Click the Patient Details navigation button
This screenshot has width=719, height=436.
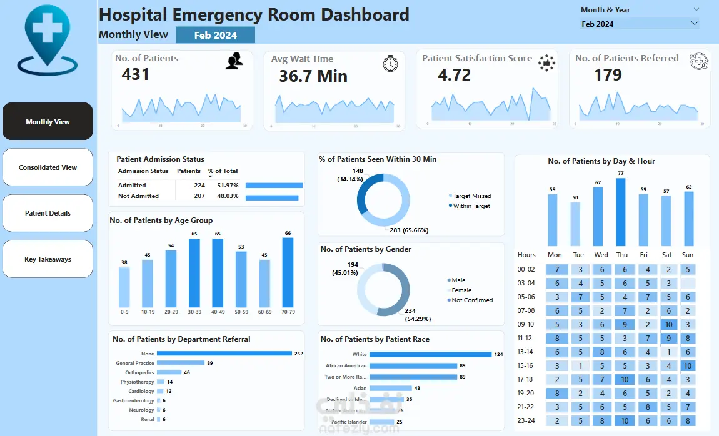(x=48, y=213)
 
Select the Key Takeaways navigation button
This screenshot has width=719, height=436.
(x=48, y=259)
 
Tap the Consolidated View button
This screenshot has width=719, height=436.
(x=48, y=167)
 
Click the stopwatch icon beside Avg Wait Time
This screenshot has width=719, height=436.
(x=390, y=64)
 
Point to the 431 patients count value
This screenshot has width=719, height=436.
(x=136, y=75)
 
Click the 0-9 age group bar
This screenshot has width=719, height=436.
(x=124, y=286)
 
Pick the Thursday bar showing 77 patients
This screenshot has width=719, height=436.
(x=621, y=212)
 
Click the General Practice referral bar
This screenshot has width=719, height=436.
(x=181, y=363)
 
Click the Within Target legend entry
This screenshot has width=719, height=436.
(x=471, y=206)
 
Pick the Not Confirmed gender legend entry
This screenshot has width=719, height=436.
(x=471, y=300)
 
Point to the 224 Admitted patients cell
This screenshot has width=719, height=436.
(x=199, y=185)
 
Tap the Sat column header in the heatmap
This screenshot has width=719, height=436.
(x=668, y=255)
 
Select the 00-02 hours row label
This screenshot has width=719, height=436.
(x=526, y=270)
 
